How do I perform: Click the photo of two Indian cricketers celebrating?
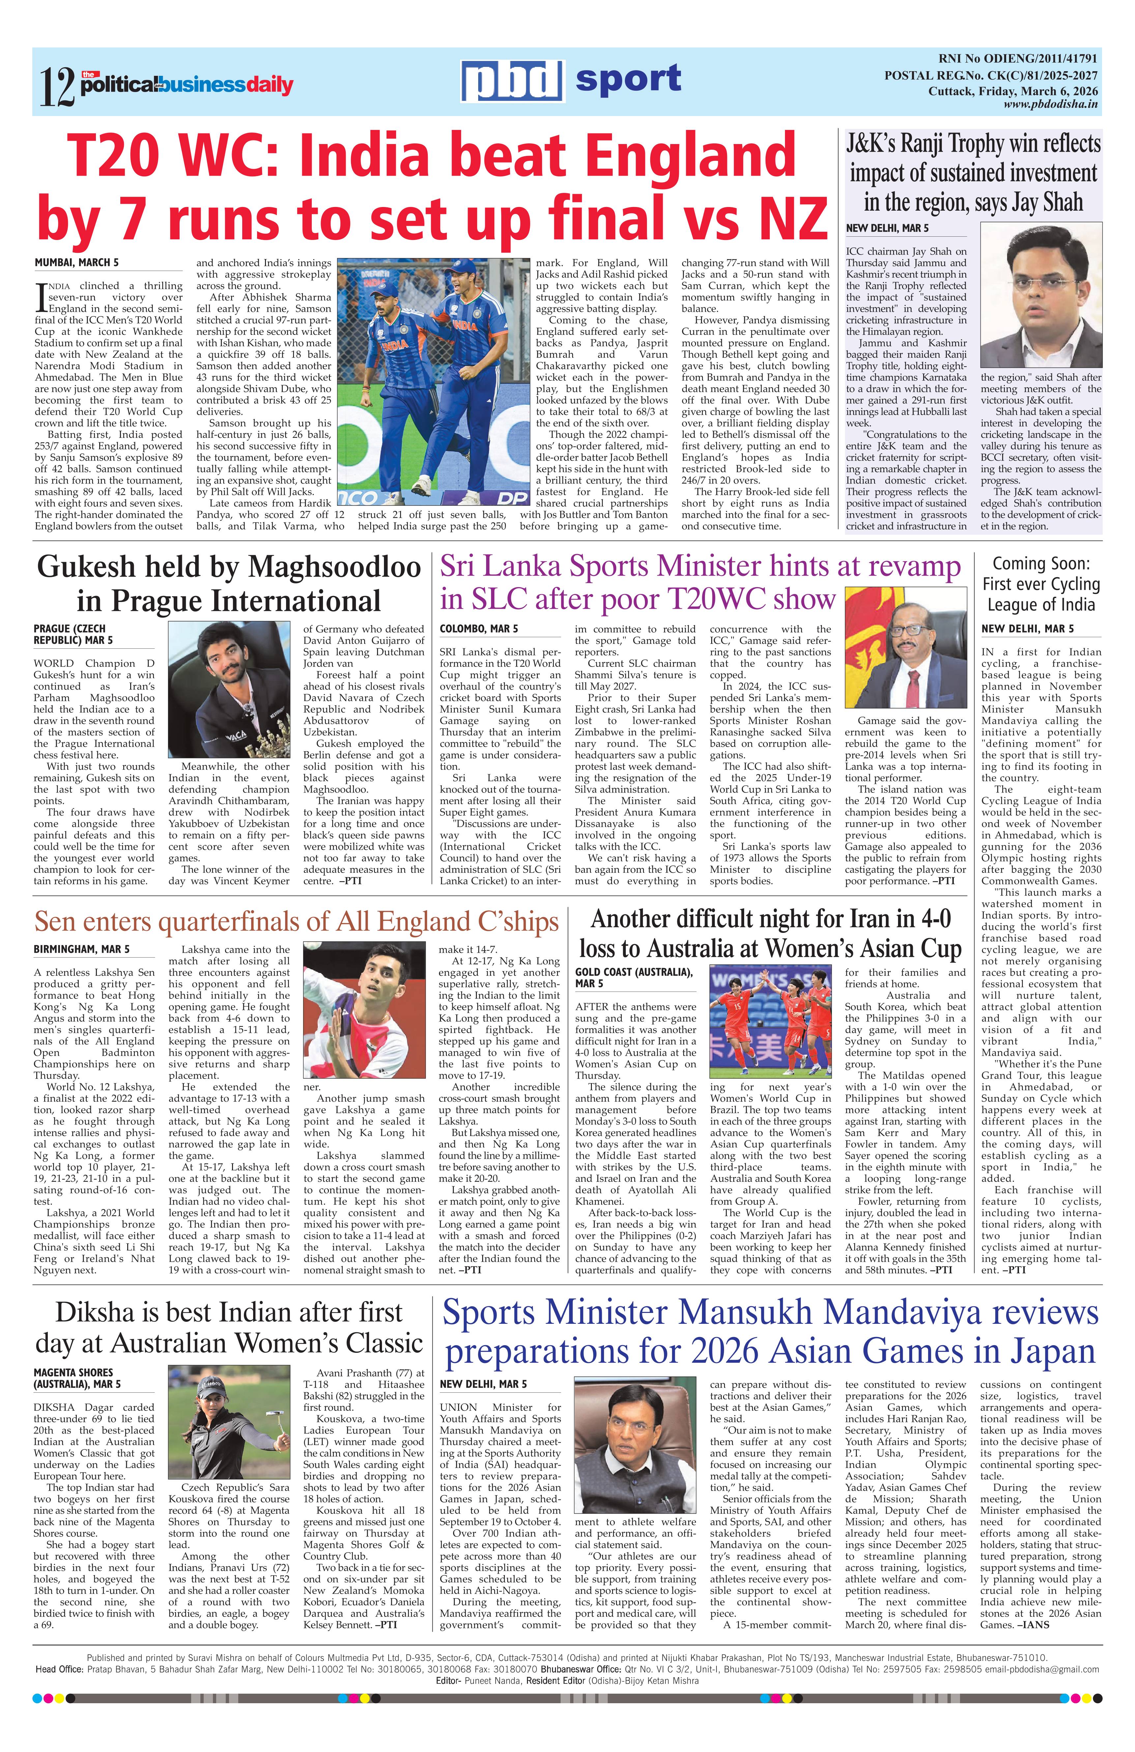click(433, 381)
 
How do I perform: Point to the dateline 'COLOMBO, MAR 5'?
click(479, 629)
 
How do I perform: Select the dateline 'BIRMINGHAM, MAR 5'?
click(81, 950)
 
